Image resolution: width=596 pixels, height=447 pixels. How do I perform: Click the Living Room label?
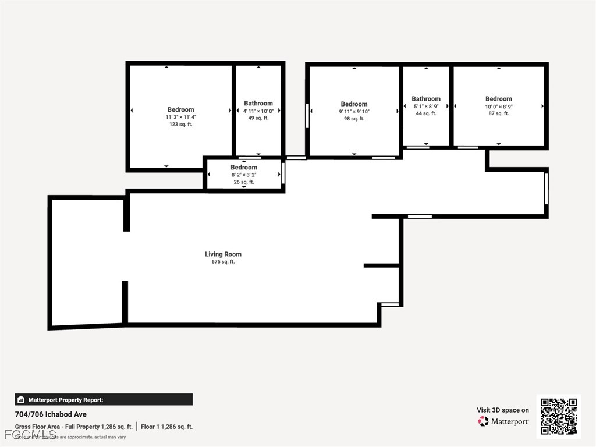pos(223,254)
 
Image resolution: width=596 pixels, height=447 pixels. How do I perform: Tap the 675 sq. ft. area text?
pos(223,262)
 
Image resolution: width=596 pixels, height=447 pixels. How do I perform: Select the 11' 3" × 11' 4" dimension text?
pos(180,117)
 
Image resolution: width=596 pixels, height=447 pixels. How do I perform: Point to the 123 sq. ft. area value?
pos(180,125)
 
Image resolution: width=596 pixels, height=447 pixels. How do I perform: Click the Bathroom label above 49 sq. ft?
pos(258,103)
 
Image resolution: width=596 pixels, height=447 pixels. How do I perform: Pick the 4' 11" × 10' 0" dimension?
pos(258,111)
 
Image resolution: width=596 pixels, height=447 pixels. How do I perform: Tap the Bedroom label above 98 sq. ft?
pos(354,104)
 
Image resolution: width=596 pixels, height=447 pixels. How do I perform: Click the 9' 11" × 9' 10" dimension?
pos(354,112)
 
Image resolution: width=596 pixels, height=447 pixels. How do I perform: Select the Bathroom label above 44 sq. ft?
pos(426,99)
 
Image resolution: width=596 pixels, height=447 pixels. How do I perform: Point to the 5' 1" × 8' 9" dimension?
pos(426,107)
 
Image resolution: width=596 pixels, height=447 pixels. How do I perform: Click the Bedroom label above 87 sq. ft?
pos(499,99)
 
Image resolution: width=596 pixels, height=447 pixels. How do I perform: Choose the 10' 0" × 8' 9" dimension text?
pos(499,107)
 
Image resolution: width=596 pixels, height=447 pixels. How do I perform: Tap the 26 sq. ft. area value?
pos(244,182)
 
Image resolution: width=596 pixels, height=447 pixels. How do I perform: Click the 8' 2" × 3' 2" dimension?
pos(244,175)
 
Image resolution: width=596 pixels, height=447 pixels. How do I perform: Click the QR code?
pos(558,416)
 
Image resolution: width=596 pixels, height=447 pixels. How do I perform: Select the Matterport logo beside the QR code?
pos(503,421)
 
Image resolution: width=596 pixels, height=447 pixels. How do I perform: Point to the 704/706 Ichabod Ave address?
pos(51,414)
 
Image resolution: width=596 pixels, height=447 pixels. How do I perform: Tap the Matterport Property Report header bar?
pos(104,400)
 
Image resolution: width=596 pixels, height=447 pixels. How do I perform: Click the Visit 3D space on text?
pos(503,410)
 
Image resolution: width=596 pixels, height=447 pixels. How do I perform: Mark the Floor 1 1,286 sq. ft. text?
pos(166,427)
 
